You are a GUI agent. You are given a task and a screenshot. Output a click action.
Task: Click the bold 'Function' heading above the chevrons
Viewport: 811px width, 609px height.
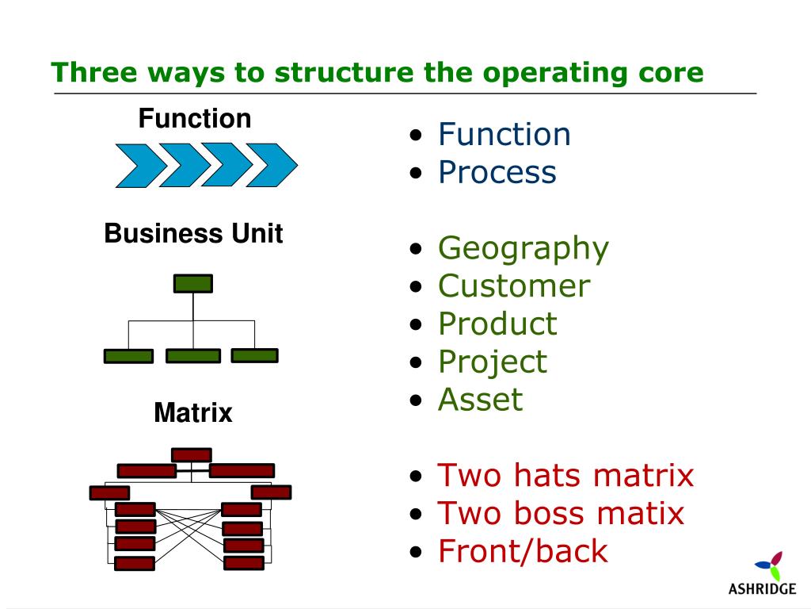[x=195, y=119]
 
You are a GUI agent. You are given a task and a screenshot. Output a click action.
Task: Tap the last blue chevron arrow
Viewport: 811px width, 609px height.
[x=271, y=165]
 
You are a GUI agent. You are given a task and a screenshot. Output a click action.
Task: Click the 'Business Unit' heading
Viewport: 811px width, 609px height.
[x=193, y=234]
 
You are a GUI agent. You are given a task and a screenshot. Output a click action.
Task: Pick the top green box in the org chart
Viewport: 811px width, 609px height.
[x=193, y=284]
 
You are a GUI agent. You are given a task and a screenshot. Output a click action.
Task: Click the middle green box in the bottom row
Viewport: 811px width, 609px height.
[x=193, y=356]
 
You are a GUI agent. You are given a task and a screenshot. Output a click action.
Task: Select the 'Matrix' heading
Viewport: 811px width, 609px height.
[x=193, y=413]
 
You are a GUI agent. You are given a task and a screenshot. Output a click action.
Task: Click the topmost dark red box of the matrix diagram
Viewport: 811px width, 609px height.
[x=192, y=454]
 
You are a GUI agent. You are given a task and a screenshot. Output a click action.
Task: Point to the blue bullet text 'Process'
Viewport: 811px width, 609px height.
[x=497, y=172]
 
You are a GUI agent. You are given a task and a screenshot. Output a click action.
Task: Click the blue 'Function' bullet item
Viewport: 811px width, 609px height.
[x=504, y=134]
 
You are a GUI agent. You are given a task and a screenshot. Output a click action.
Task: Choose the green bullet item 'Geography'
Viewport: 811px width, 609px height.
[x=524, y=248]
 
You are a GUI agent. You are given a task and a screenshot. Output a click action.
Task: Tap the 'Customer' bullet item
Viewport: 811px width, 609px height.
[x=514, y=286]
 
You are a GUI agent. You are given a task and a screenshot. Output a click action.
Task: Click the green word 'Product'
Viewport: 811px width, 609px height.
[x=497, y=324]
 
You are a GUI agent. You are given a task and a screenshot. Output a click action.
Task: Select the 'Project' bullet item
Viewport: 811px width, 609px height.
[x=492, y=362]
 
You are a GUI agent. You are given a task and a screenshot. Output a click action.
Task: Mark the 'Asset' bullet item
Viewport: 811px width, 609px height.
[x=481, y=400]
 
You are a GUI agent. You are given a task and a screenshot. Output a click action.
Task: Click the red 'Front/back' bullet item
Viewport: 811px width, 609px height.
[x=523, y=551]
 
